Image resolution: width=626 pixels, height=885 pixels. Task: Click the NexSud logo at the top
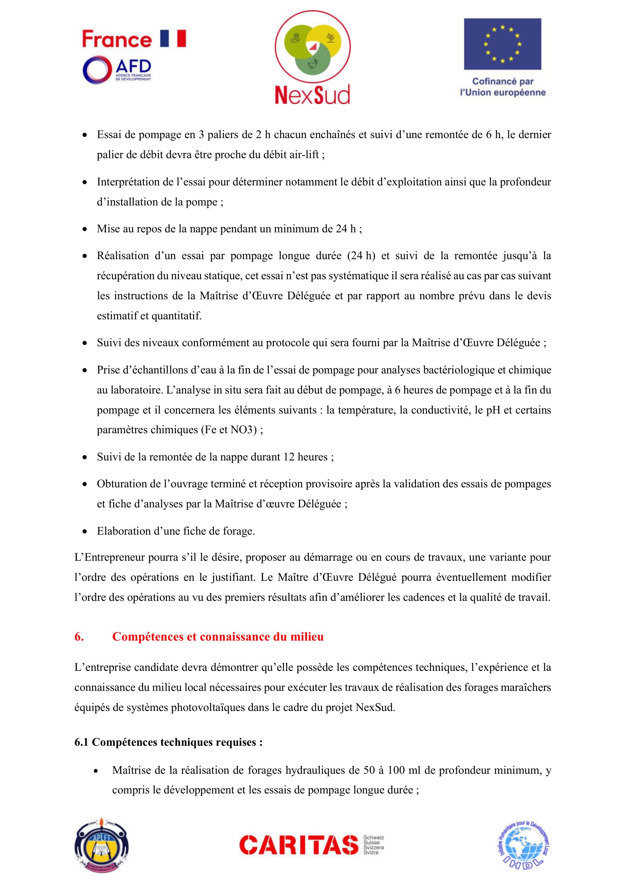[x=313, y=58]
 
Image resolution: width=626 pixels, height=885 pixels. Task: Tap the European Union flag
[x=502, y=44]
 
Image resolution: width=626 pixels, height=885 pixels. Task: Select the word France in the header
[x=117, y=39]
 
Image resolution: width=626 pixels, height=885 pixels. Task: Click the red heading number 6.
[x=79, y=636]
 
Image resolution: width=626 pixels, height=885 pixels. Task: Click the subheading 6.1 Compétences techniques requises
[x=168, y=742]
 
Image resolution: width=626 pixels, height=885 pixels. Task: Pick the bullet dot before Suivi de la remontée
[x=85, y=457]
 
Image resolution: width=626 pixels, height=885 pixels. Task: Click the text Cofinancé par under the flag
[x=503, y=81]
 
